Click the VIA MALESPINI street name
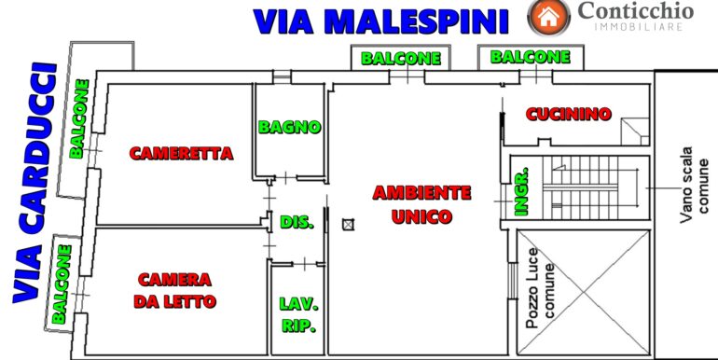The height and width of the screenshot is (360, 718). [x=381, y=21]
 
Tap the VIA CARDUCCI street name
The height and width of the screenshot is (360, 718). [x=35, y=182]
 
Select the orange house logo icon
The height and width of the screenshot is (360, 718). [x=548, y=18]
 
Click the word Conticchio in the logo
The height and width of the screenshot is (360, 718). [x=636, y=10]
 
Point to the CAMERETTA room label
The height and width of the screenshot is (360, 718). [x=181, y=153]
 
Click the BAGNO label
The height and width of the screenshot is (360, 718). [x=289, y=127]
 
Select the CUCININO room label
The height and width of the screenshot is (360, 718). [x=568, y=114]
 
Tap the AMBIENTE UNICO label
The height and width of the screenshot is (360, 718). [x=421, y=204]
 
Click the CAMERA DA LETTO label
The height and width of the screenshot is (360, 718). [x=174, y=290]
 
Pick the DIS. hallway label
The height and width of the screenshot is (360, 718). [x=297, y=222]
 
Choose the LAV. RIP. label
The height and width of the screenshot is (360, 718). [x=298, y=314]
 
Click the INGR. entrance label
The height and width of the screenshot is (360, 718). [x=521, y=191]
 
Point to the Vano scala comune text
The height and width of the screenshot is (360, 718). [x=695, y=184]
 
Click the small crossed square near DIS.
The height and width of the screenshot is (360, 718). [x=348, y=225]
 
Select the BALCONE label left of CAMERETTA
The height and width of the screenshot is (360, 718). [x=78, y=119]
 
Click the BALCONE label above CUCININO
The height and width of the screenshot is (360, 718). [x=531, y=57]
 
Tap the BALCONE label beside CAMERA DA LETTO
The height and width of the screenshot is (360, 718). [x=62, y=284]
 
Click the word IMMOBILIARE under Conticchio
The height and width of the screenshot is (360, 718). [x=639, y=27]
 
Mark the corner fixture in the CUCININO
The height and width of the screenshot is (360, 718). [x=635, y=132]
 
